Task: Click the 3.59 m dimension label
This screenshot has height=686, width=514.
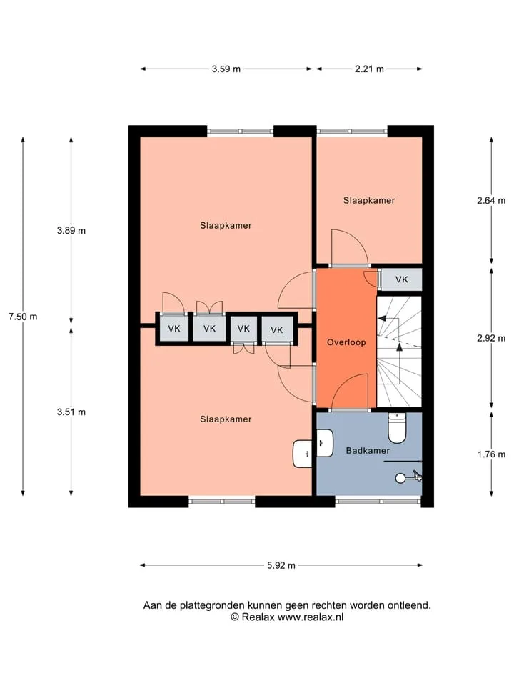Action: click(226, 69)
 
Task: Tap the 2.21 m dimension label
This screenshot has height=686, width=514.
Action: click(369, 69)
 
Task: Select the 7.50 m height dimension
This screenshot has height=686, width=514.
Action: click(23, 317)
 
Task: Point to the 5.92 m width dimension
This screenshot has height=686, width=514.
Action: click(281, 565)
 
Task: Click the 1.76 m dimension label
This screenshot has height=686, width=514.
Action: click(491, 454)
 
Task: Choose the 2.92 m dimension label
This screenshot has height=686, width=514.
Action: click(491, 338)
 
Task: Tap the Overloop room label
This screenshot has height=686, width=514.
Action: click(346, 342)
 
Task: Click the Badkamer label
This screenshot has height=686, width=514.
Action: click(368, 451)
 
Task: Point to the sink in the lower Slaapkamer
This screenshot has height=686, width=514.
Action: click(302, 453)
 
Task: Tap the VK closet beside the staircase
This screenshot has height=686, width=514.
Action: click(401, 279)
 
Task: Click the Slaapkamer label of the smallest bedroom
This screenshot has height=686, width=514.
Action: click(369, 200)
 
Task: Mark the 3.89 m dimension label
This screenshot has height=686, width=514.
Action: click(71, 231)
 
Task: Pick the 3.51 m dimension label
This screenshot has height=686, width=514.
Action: click(71, 412)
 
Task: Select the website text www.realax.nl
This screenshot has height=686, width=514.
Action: click(311, 617)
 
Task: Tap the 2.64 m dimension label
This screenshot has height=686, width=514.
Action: click(491, 200)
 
